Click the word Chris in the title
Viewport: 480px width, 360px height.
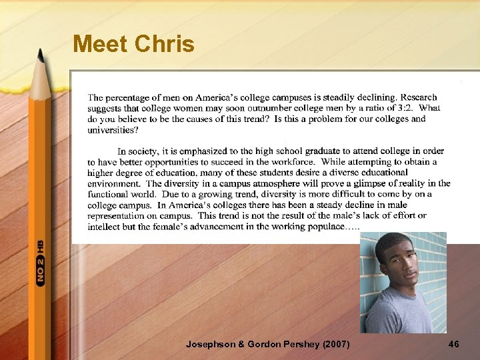[164, 44]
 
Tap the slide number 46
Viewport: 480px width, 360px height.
[454, 345]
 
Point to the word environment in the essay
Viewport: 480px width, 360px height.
[114, 183]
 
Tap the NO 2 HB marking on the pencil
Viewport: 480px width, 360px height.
[41, 263]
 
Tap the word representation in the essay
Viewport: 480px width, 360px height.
[119, 215]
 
